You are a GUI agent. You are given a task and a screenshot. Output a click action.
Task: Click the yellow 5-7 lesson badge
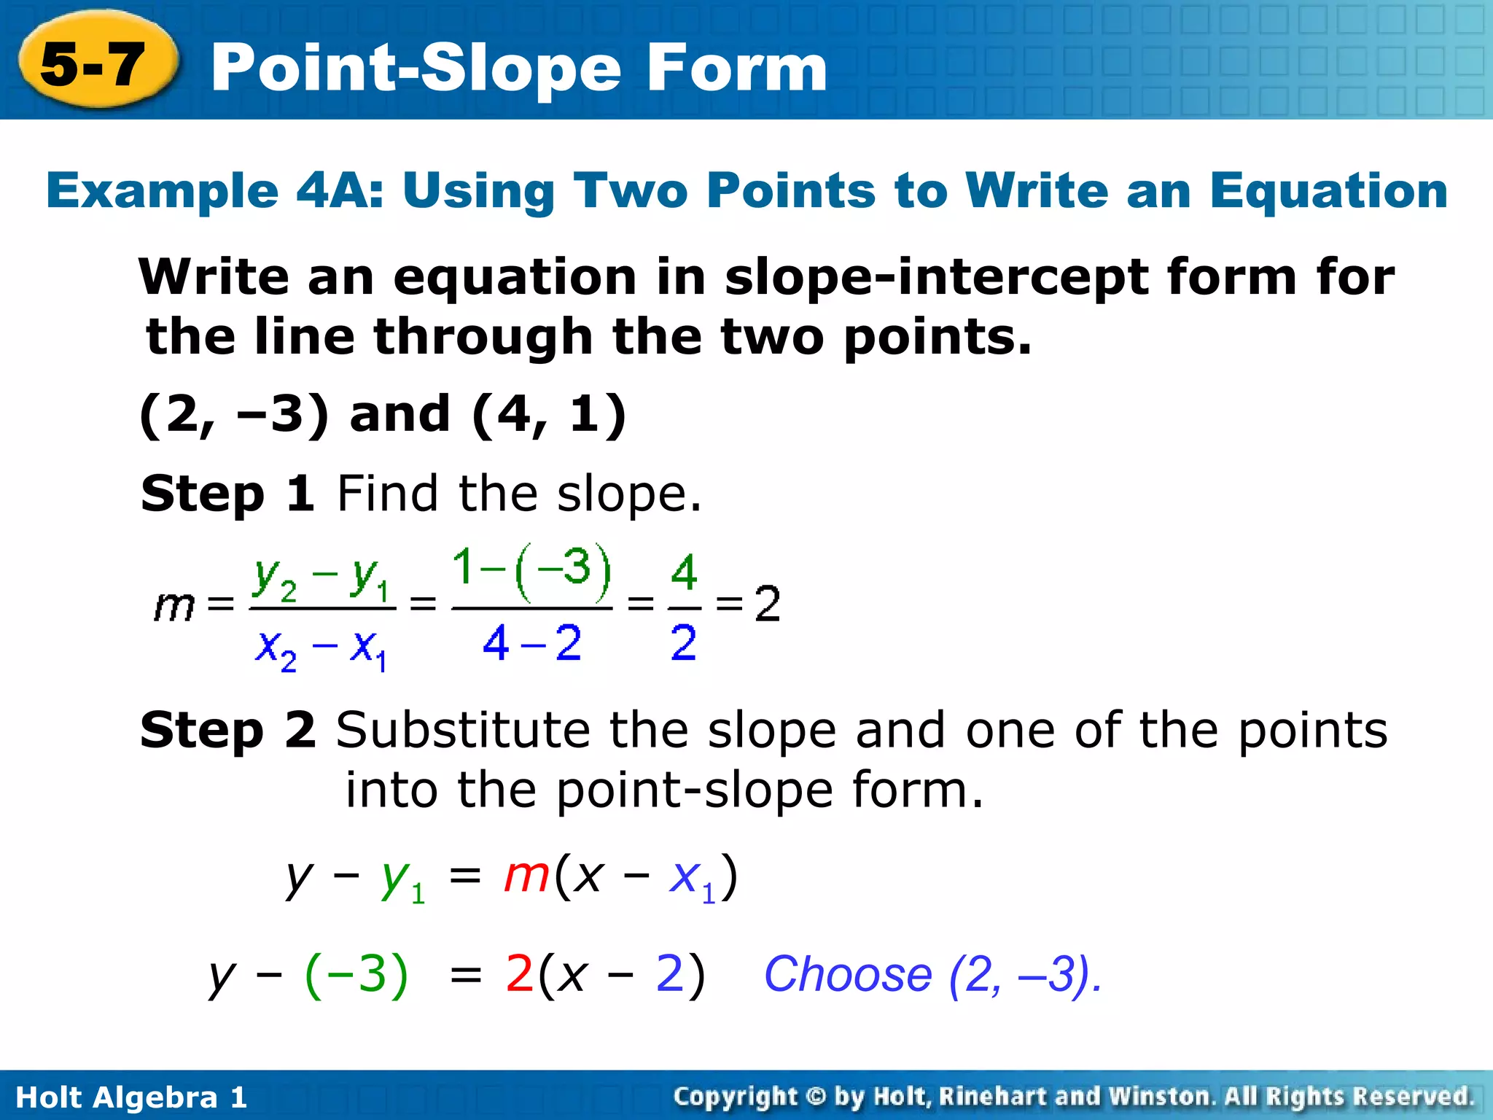coord(95,64)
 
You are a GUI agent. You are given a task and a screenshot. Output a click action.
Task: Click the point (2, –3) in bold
coord(233,414)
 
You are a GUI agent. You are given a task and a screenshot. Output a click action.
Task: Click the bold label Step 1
coord(227,494)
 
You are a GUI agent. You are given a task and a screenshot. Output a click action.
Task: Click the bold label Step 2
coord(227,730)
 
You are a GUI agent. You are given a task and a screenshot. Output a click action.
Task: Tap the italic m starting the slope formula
coord(174,605)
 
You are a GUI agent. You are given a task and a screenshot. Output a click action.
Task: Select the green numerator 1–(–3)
coord(531,568)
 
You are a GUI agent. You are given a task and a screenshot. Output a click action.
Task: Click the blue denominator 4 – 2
coord(531,643)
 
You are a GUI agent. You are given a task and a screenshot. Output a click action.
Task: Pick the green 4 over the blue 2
coord(684,572)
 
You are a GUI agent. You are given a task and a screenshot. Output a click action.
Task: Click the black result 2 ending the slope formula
coord(767,604)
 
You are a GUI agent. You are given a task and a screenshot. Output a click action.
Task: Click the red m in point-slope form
coord(526,874)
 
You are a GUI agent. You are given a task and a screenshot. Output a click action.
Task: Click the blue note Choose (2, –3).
coord(932,974)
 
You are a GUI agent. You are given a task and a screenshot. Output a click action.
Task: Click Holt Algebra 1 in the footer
coord(131,1097)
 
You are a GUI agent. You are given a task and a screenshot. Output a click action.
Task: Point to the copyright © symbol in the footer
coord(816,1096)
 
